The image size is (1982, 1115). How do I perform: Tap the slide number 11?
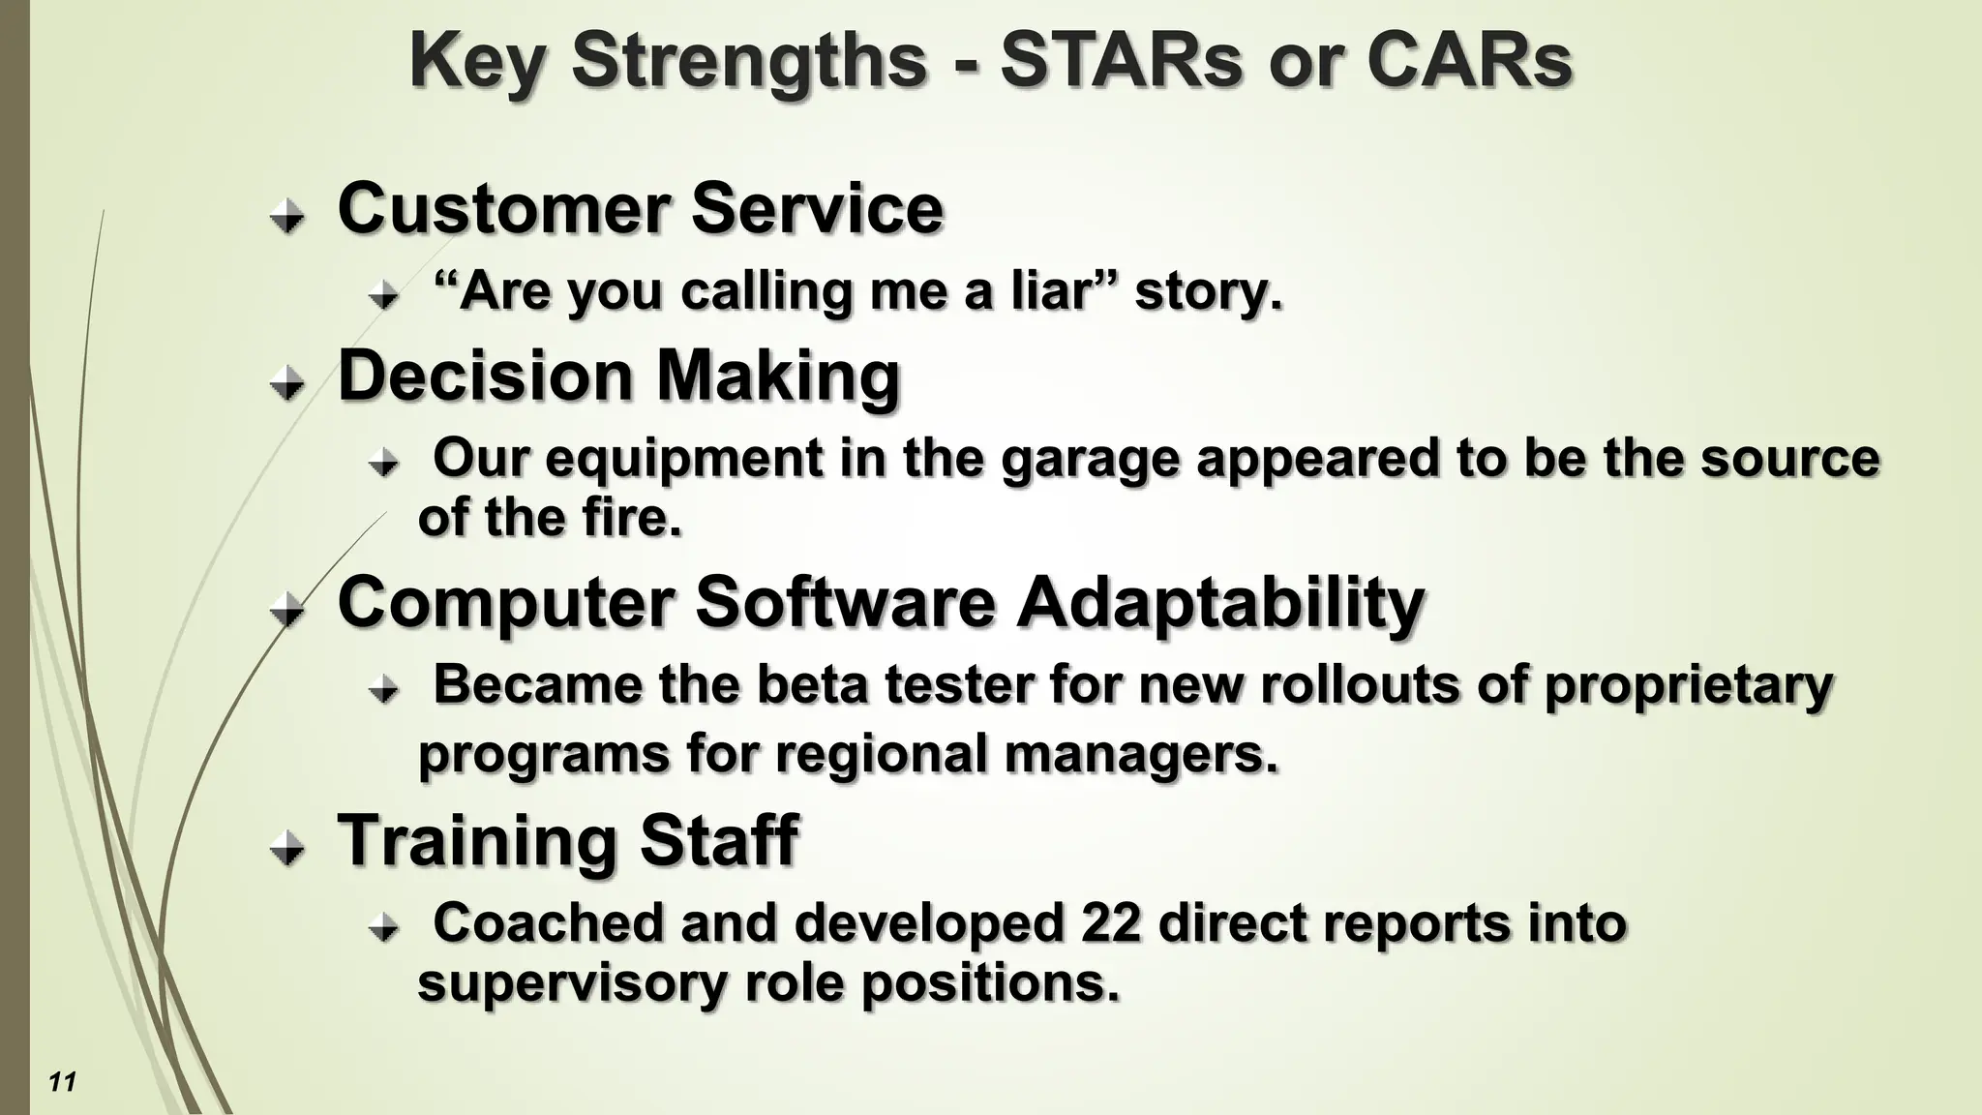coord(62,1081)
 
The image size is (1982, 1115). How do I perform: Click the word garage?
coord(1090,459)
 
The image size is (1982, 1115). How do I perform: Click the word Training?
coord(476,840)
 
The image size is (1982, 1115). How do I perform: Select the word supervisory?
coord(571,983)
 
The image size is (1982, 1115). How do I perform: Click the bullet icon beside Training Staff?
coord(286,849)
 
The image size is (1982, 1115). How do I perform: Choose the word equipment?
coord(683,459)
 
